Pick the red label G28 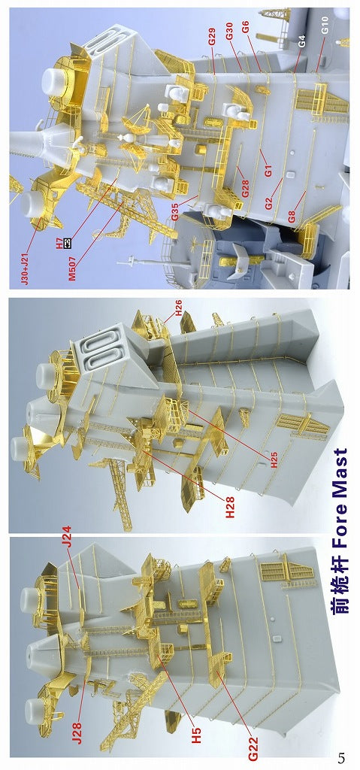click(x=245, y=189)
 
